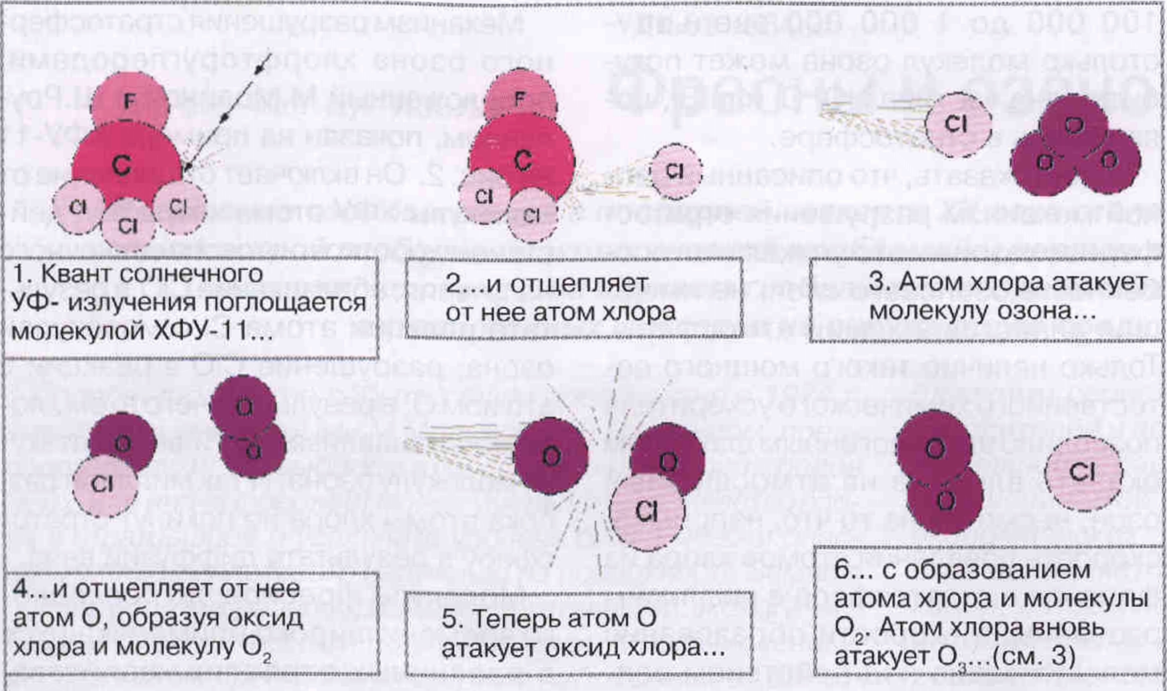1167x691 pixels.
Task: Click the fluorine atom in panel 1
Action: tap(130, 101)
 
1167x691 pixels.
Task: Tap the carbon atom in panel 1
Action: tap(124, 165)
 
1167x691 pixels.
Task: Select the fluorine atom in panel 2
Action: tap(520, 97)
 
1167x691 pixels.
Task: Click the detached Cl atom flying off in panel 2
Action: tap(675, 171)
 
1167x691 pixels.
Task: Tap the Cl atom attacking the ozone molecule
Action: tap(957, 124)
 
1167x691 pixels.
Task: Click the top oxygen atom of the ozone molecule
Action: tap(1073, 124)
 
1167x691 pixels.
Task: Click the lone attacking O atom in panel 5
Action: tap(551, 456)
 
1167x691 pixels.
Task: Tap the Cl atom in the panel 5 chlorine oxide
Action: tap(647, 512)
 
